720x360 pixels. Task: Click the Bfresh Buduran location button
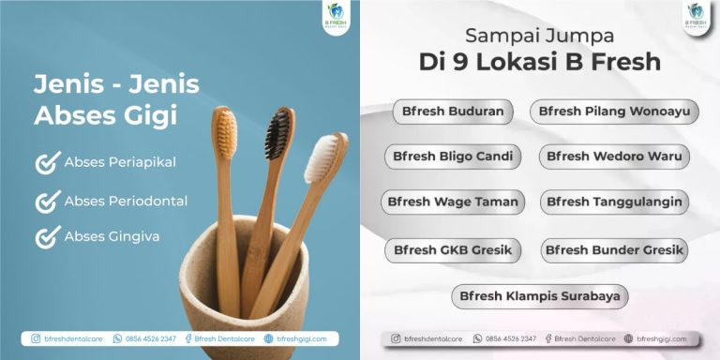point(453,112)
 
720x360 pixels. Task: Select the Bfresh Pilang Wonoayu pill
point(614,112)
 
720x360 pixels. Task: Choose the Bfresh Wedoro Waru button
point(614,157)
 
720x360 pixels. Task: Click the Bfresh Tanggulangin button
point(614,202)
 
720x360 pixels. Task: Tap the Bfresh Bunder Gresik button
point(614,250)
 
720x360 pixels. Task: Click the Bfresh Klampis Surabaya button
point(539,296)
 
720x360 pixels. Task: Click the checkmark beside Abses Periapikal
point(48,163)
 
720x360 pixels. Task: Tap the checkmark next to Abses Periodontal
point(48,201)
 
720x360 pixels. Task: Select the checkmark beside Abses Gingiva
point(48,236)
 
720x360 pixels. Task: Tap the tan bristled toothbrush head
point(224,132)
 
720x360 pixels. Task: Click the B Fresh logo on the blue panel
point(334,18)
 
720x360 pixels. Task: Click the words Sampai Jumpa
point(539,37)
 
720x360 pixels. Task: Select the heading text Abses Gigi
point(105,116)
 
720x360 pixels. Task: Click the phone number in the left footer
point(149,338)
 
